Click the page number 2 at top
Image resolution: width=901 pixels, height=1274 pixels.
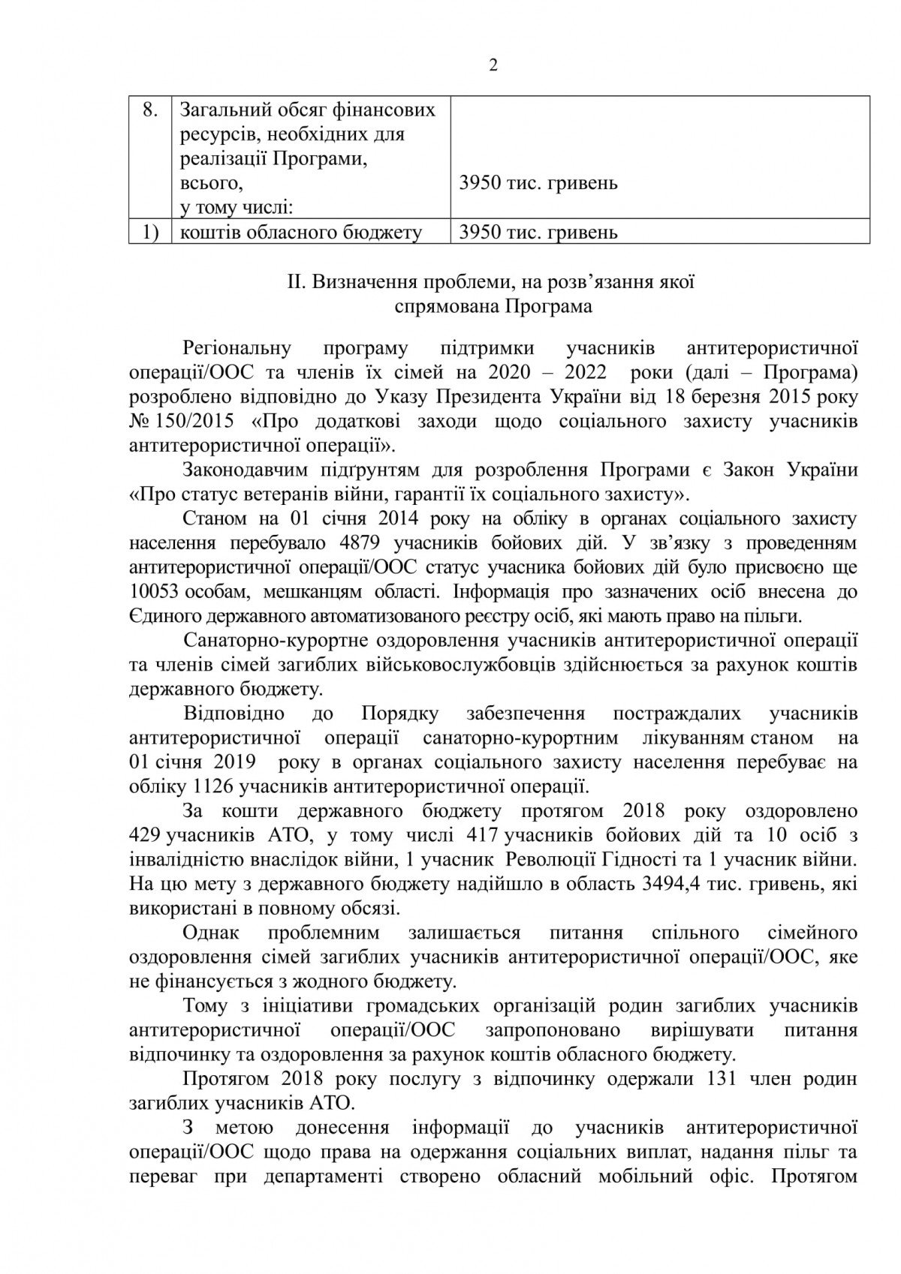click(493, 66)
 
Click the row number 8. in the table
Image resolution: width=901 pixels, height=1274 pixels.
click(149, 110)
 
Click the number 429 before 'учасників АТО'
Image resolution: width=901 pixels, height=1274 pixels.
click(146, 836)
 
